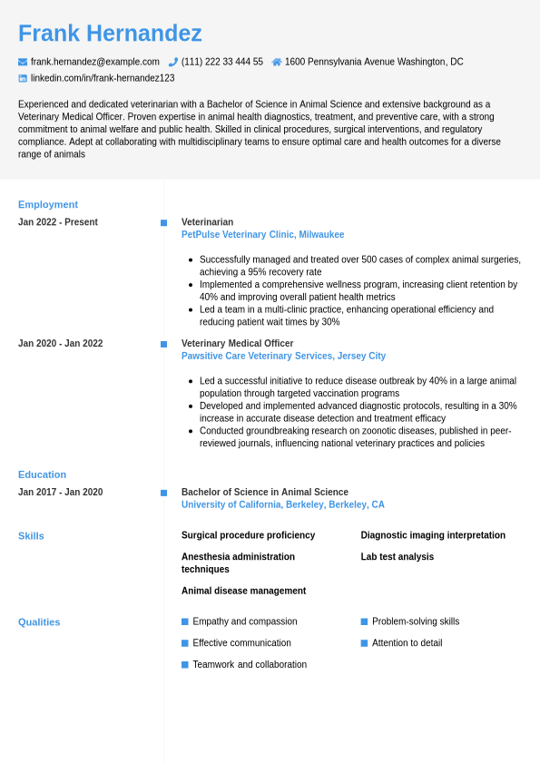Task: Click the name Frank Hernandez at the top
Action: point(110,34)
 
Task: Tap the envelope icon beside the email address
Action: point(23,62)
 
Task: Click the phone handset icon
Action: point(173,62)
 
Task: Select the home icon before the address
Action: point(277,62)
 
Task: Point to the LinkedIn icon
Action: point(23,78)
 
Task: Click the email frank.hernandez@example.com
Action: point(95,62)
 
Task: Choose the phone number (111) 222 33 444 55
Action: point(222,62)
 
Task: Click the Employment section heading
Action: point(48,204)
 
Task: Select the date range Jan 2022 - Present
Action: point(58,222)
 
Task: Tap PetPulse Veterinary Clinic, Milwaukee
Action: point(262,235)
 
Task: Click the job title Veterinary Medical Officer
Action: point(237,344)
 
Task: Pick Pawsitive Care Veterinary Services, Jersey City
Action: point(283,357)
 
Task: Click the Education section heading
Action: point(42,474)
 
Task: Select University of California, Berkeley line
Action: point(282,505)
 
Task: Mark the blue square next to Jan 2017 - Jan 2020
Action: point(163,493)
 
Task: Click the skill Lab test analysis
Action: point(397,557)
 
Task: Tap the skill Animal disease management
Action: point(243,591)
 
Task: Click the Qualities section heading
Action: point(39,622)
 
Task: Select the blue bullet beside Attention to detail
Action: point(364,643)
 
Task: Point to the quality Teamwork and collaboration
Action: point(250,665)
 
